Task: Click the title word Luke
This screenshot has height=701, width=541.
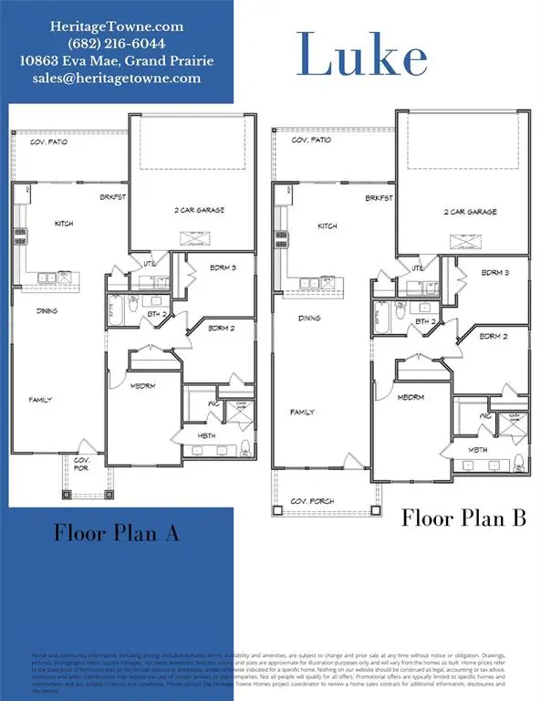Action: [x=361, y=57]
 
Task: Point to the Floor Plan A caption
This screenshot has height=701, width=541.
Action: [x=116, y=532]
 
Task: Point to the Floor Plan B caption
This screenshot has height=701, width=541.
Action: [x=465, y=518]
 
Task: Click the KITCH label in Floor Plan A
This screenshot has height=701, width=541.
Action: [x=64, y=224]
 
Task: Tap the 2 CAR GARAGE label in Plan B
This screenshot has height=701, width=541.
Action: [x=470, y=212]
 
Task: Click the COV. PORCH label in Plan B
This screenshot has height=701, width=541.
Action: [x=312, y=501]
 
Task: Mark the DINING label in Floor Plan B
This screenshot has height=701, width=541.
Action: [x=308, y=319]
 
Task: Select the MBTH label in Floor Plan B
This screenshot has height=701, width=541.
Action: [x=479, y=450]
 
